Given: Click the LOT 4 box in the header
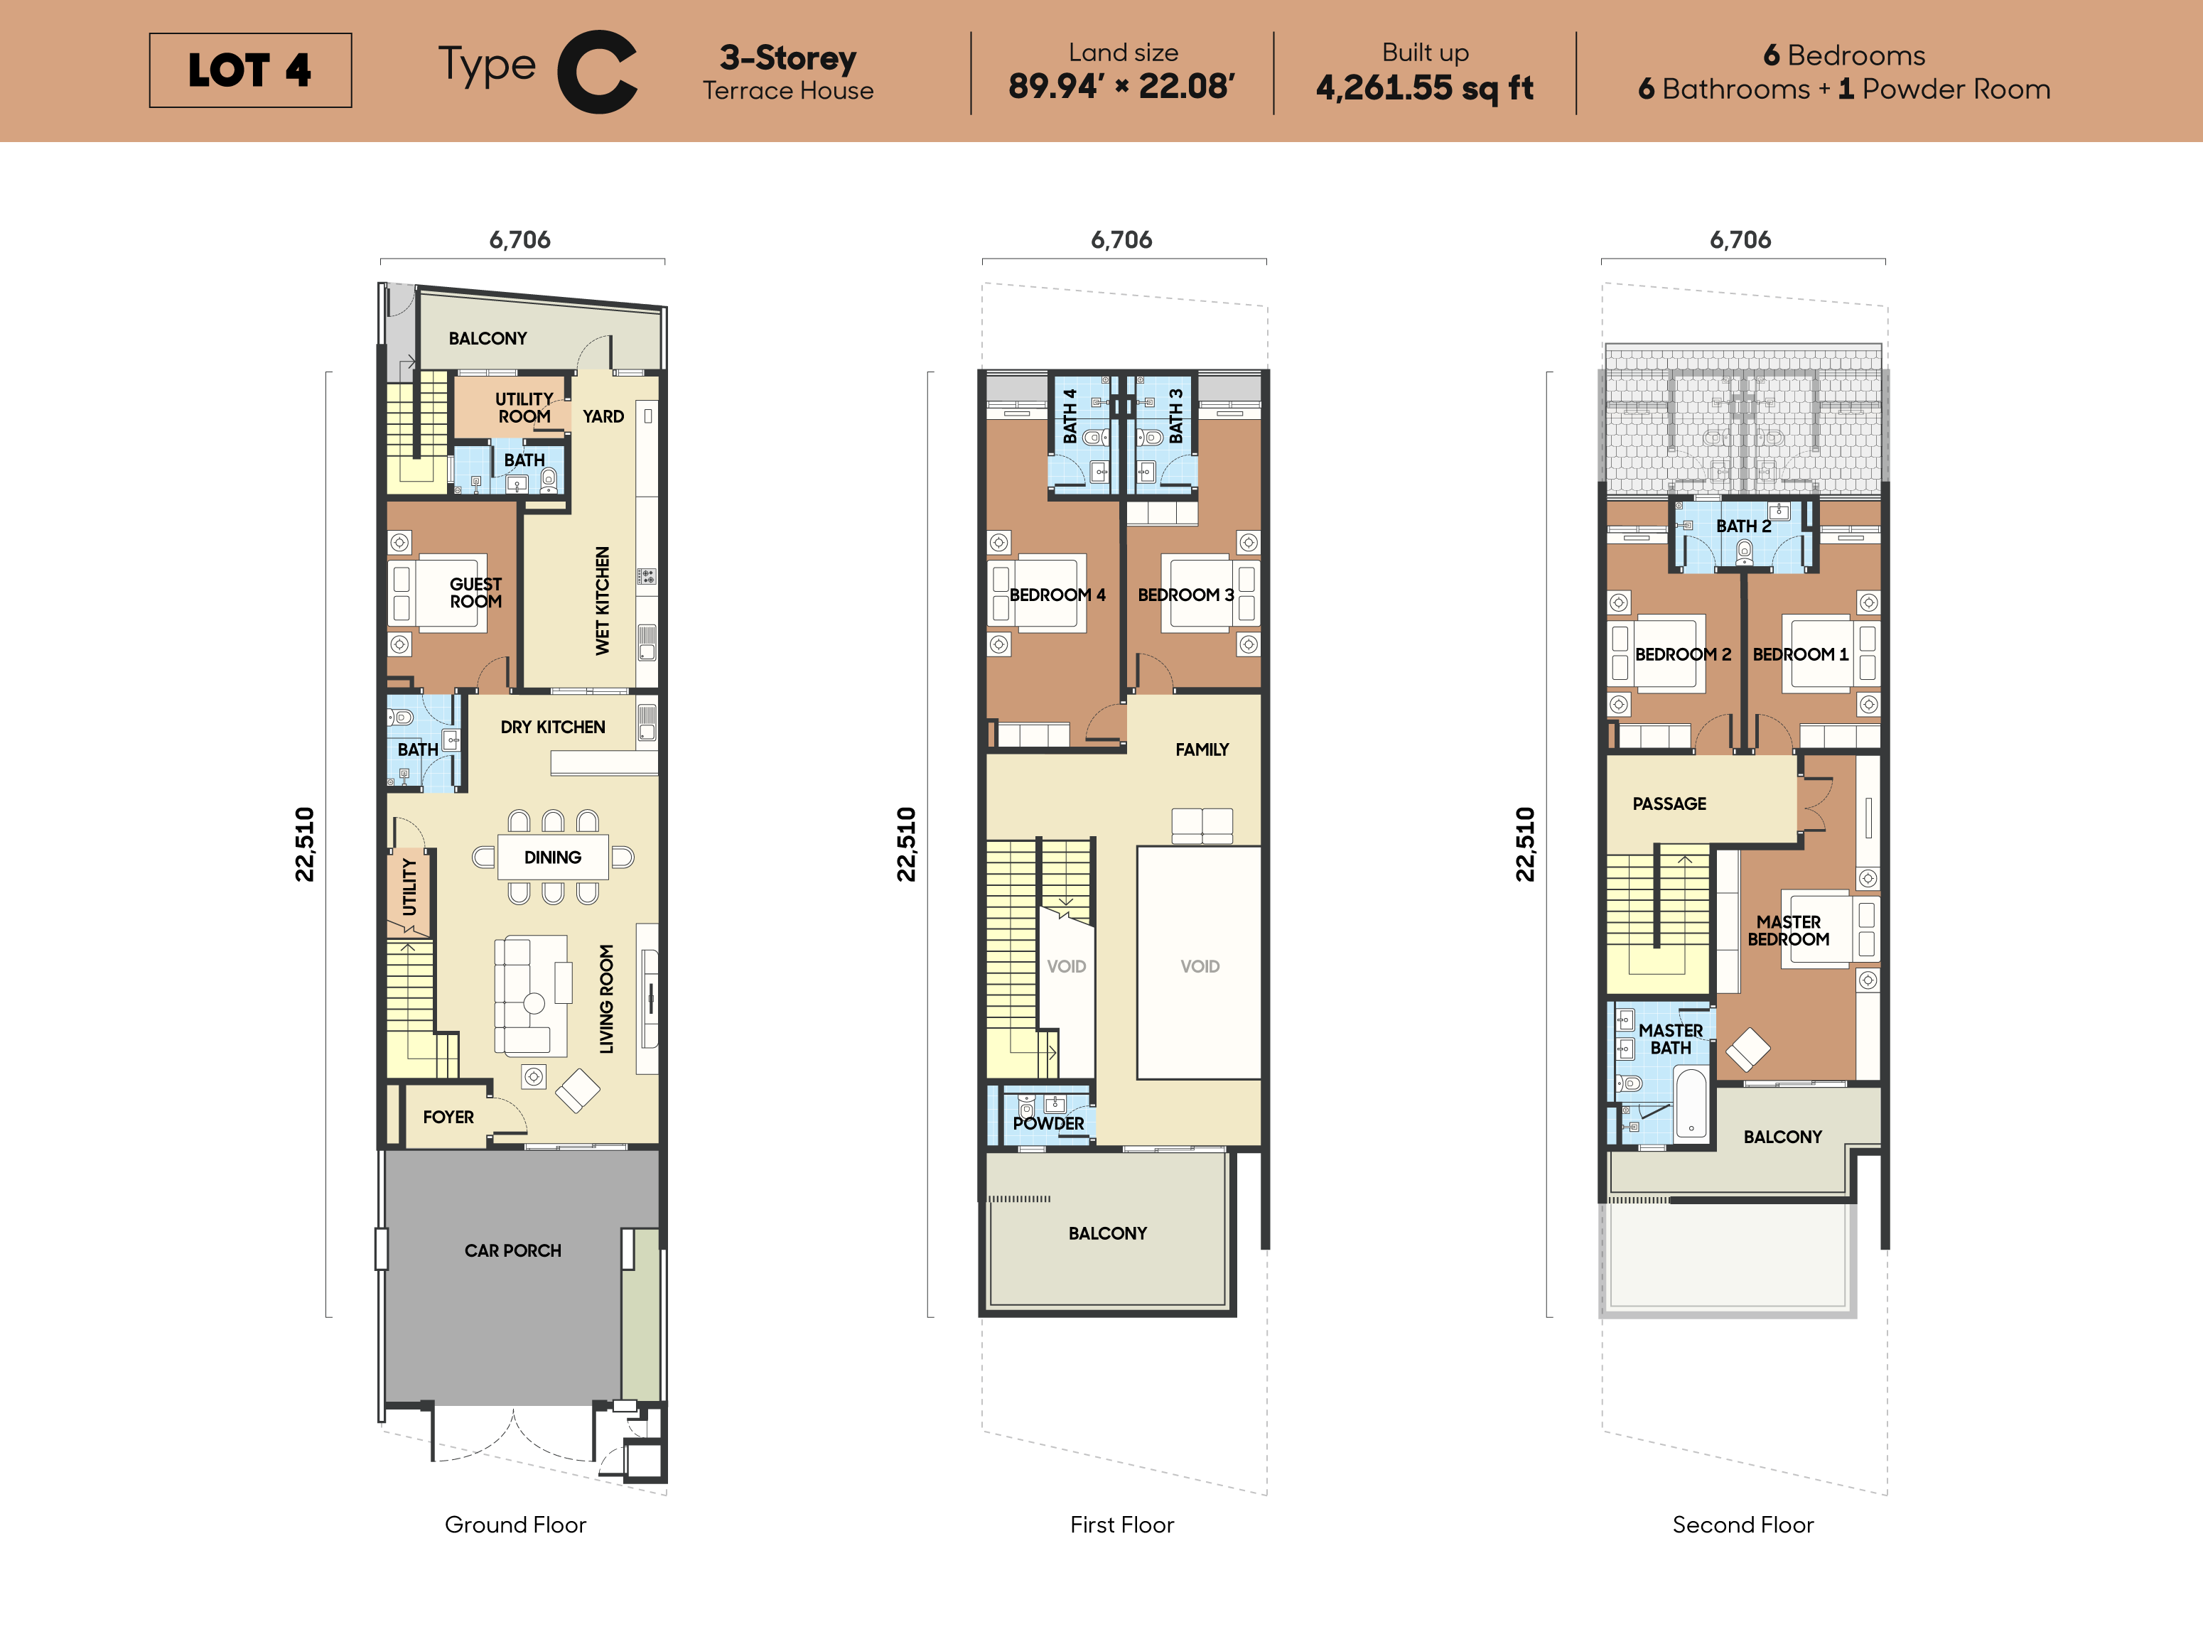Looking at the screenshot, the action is click(x=250, y=70).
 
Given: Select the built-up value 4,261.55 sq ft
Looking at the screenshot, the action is click(x=1424, y=88).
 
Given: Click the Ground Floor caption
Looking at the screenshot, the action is click(x=515, y=1524).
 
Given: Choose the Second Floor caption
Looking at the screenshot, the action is click(x=1743, y=1524).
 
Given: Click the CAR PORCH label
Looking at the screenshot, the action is click(x=512, y=1250).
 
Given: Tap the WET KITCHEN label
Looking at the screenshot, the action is click(x=603, y=600).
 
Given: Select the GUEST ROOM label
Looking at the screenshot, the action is click(x=476, y=593).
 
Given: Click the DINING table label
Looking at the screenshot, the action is click(x=553, y=857).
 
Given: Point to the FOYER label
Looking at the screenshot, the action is click(x=448, y=1117).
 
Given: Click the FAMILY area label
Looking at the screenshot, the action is click(x=1202, y=750).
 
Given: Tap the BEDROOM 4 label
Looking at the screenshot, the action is click(x=1057, y=595).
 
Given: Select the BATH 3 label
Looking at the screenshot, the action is click(x=1176, y=416).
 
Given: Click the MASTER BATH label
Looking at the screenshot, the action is click(x=1671, y=1039).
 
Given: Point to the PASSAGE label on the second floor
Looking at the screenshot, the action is click(x=1669, y=804).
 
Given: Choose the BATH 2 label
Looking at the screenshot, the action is click(x=1743, y=526).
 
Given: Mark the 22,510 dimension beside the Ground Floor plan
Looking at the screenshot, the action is click(x=305, y=844).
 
